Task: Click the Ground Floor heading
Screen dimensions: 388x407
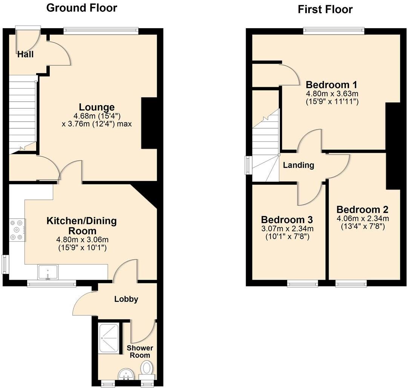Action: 81,8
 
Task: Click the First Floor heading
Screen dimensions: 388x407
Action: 325,9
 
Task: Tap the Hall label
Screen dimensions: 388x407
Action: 25,55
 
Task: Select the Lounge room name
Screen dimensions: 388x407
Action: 96,107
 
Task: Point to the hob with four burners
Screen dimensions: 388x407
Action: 17,229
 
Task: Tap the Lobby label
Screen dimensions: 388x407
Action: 126,300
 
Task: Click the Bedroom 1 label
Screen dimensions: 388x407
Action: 331,84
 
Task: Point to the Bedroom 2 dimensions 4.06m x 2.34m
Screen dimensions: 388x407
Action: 362,218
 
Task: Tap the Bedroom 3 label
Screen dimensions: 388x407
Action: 287,219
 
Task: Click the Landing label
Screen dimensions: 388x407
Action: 298,165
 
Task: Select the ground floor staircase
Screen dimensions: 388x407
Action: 22,113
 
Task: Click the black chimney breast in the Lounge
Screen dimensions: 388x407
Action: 149,123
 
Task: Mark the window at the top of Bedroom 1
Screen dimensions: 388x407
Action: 334,31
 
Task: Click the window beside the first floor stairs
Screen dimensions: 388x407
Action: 248,165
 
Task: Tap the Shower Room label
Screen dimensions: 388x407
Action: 140,351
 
